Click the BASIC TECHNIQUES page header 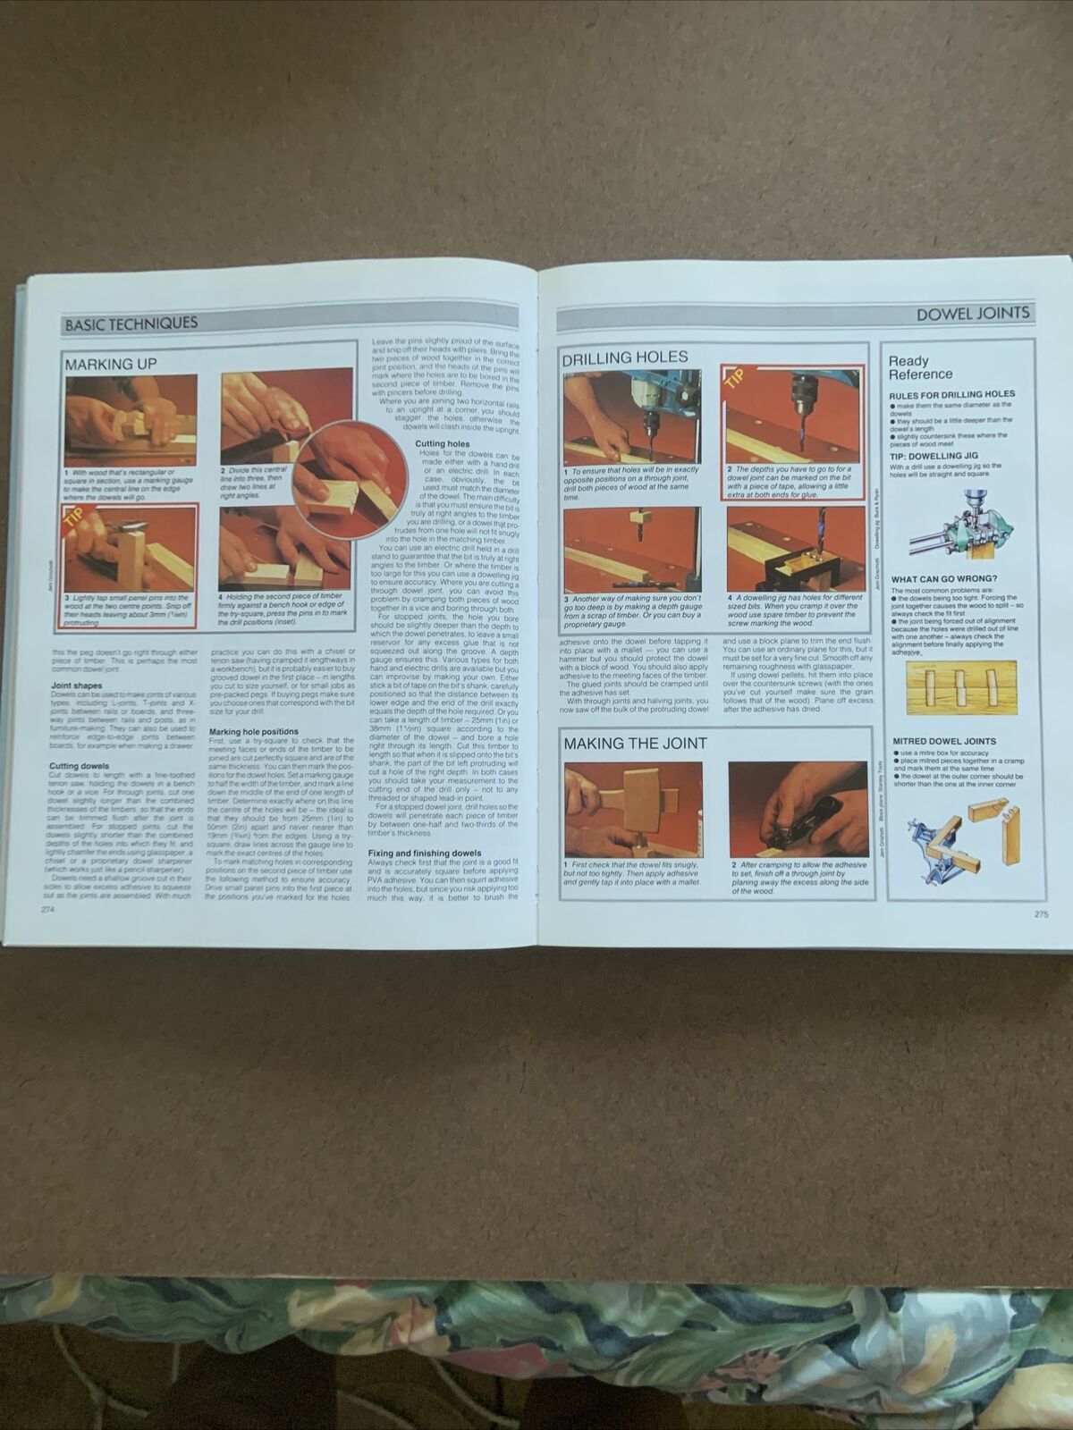(x=131, y=324)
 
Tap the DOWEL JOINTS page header (x=974, y=314)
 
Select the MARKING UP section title (x=110, y=364)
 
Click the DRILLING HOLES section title (x=624, y=357)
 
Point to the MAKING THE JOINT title (x=634, y=743)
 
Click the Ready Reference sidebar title (x=920, y=367)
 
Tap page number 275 (x=1040, y=913)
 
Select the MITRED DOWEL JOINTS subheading (x=943, y=741)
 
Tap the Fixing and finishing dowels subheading (x=425, y=853)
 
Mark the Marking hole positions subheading (x=254, y=731)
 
